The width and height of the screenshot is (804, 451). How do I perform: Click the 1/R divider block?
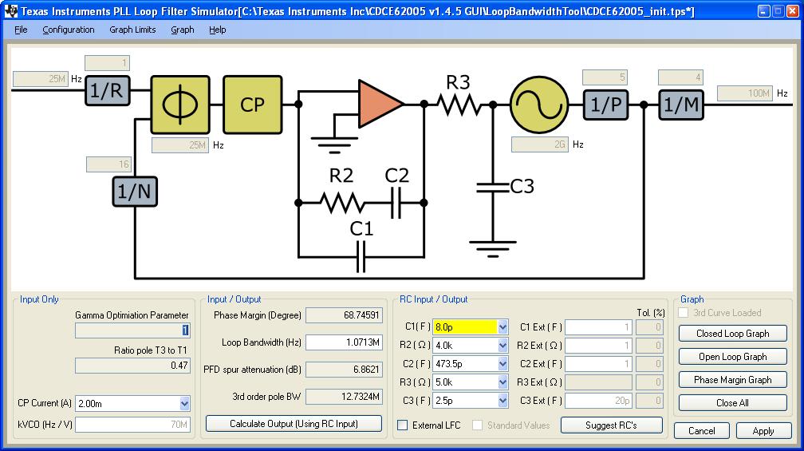tap(107, 91)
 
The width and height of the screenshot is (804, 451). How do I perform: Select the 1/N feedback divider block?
tap(133, 192)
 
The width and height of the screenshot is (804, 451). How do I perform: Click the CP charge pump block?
tap(252, 105)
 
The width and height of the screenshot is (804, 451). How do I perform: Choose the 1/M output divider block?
tap(680, 105)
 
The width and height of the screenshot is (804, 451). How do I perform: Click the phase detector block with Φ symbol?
tap(179, 105)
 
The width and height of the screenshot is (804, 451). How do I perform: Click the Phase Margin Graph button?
tap(732, 380)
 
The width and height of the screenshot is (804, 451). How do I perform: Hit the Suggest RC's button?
tap(612, 425)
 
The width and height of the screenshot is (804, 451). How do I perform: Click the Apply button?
tap(763, 431)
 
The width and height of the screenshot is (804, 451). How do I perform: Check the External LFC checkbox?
tap(403, 425)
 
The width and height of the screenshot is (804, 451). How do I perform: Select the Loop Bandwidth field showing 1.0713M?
tap(343, 342)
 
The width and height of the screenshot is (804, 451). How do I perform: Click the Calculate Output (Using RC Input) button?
tap(294, 423)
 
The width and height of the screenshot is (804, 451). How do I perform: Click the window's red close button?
tap(792, 11)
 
